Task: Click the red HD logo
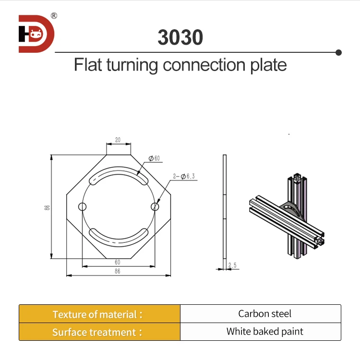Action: (x=36, y=34)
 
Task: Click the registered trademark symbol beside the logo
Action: (x=54, y=16)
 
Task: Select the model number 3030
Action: (x=180, y=37)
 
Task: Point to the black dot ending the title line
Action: (x=338, y=52)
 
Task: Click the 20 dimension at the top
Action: (x=118, y=141)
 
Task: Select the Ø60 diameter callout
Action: (x=154, y=158)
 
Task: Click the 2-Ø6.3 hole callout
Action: (x=184, y=177)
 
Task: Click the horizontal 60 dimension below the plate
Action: (x=118, y=262)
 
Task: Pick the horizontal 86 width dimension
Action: (x=118, y=271)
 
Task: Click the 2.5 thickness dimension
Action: (x=233, y=265)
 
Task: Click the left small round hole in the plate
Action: (x=83, y=207)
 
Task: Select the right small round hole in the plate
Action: (x=154, y=206)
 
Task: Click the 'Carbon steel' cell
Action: (x=264, y=314)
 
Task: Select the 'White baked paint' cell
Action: (x=264, y=331)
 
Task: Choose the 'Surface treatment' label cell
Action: (x=99, y=332)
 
